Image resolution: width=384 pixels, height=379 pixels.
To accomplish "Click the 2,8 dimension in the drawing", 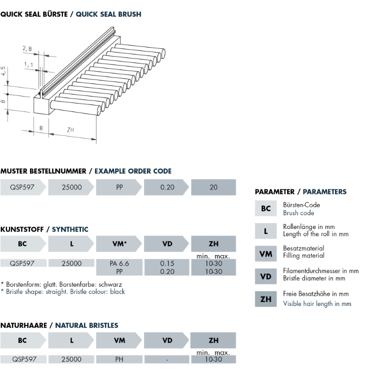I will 27,49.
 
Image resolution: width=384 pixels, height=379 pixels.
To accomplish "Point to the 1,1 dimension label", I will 28,65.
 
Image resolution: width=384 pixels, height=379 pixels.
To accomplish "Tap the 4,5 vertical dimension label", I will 4,71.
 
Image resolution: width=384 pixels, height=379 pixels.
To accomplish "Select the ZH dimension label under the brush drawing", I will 71,130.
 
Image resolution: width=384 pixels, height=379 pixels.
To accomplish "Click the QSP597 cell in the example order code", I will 22,187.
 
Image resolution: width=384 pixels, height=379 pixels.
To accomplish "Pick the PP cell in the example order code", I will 119,187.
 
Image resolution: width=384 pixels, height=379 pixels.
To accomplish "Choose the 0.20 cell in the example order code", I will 167,187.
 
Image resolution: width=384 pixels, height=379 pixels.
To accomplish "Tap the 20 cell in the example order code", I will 213,187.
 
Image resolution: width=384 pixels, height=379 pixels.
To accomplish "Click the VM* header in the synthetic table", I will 118,243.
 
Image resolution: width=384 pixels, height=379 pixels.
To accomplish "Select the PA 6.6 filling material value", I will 119,263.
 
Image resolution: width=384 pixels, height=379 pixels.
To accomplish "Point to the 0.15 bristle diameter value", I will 167,263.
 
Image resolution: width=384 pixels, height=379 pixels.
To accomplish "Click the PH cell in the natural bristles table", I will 119,359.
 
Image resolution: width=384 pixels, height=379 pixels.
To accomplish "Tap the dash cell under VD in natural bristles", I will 167,359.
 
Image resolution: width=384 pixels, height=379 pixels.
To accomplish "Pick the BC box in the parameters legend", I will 266,208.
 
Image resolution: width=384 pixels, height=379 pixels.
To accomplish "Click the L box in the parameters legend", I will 266,230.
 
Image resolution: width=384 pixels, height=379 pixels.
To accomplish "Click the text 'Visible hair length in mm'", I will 317,303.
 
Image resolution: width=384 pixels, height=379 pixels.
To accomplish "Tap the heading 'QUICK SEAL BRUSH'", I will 108,14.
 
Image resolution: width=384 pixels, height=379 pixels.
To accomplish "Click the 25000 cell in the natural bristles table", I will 71,359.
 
